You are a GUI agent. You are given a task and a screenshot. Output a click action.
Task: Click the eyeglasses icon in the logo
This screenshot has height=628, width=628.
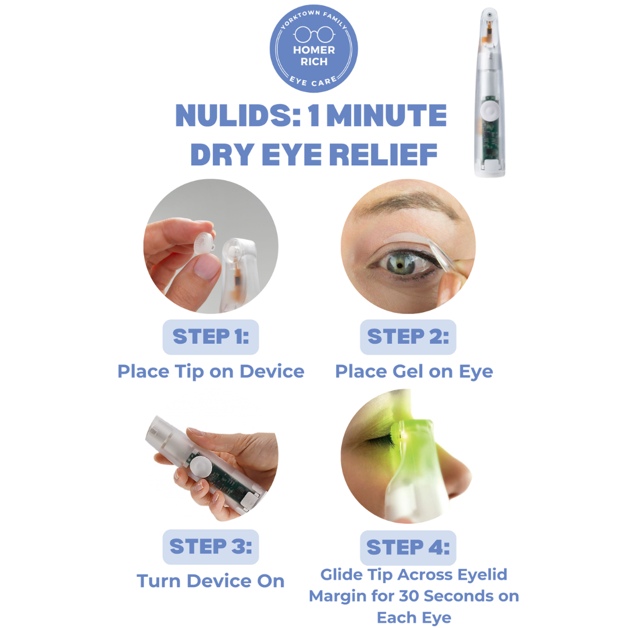(315, 34)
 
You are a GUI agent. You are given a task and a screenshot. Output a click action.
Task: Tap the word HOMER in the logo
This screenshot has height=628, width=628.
(314, 50)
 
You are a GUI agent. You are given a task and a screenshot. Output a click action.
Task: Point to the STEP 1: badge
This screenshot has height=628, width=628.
(210, 337)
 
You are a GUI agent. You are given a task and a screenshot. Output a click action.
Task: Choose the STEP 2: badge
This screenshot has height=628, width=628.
(408, 337)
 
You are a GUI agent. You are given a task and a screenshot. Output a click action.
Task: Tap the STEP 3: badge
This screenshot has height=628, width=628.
(210, 547)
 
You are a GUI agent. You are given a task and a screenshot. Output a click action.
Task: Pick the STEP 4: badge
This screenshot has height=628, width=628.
(408, 548)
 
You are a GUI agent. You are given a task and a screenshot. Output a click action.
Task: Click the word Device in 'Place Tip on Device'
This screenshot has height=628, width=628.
(272, 371)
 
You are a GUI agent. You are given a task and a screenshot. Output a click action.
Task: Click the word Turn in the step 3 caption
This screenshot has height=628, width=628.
(159, 581)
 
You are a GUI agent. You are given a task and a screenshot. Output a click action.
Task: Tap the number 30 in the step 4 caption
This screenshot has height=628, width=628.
(409, 596)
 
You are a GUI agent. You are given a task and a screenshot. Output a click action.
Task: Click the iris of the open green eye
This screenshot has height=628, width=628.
(399, 265)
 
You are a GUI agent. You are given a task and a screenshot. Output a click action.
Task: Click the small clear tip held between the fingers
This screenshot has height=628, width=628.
(204, 243)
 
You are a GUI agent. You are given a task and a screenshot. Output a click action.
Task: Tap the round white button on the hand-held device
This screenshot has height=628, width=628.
(201, 466)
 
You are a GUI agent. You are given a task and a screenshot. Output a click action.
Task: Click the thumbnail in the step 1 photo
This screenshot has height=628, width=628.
(206, 266)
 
